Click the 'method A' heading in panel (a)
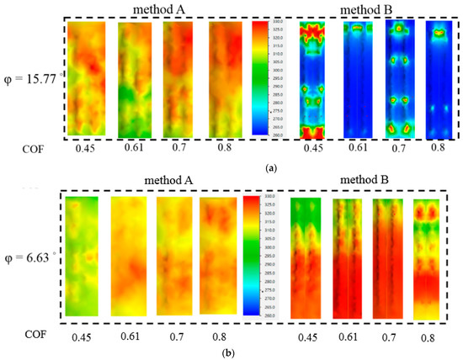159,9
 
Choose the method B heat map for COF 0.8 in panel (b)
427,257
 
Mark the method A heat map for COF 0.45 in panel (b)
82,255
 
